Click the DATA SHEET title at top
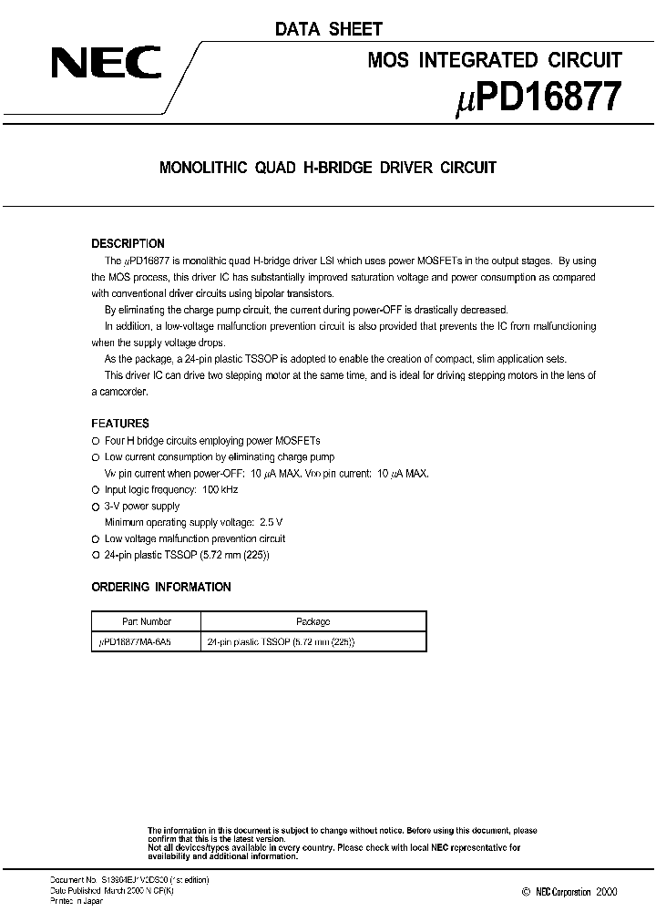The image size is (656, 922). coord(329,29)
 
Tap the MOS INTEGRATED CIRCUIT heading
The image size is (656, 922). coord(494,61)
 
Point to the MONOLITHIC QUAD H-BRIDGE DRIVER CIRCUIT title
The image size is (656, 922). coord(328,168)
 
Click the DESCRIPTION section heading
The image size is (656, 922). coord(128,243)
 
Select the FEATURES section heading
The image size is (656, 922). coord(120,424)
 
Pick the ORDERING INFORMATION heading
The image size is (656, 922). coord(161,587)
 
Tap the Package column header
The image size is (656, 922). coord(313,621)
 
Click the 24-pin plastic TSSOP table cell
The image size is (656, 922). coord(281,641)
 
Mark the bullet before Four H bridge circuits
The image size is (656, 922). coord(95,440)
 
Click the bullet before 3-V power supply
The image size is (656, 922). coord(95,506)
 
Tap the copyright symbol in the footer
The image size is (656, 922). coord(527,892)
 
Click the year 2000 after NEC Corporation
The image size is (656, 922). coord(605,892)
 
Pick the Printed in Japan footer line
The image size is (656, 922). coord(76,901)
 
